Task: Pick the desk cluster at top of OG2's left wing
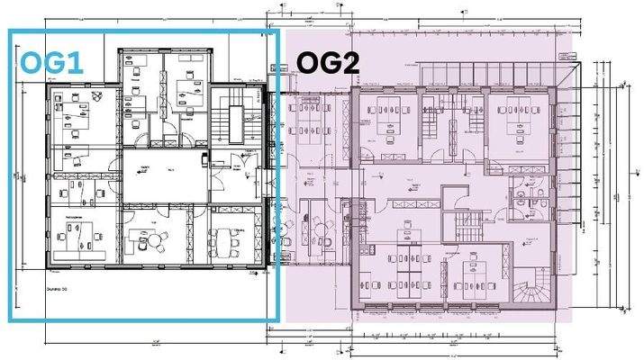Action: (x=307, y=117)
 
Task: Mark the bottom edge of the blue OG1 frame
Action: (x=144, y=319)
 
